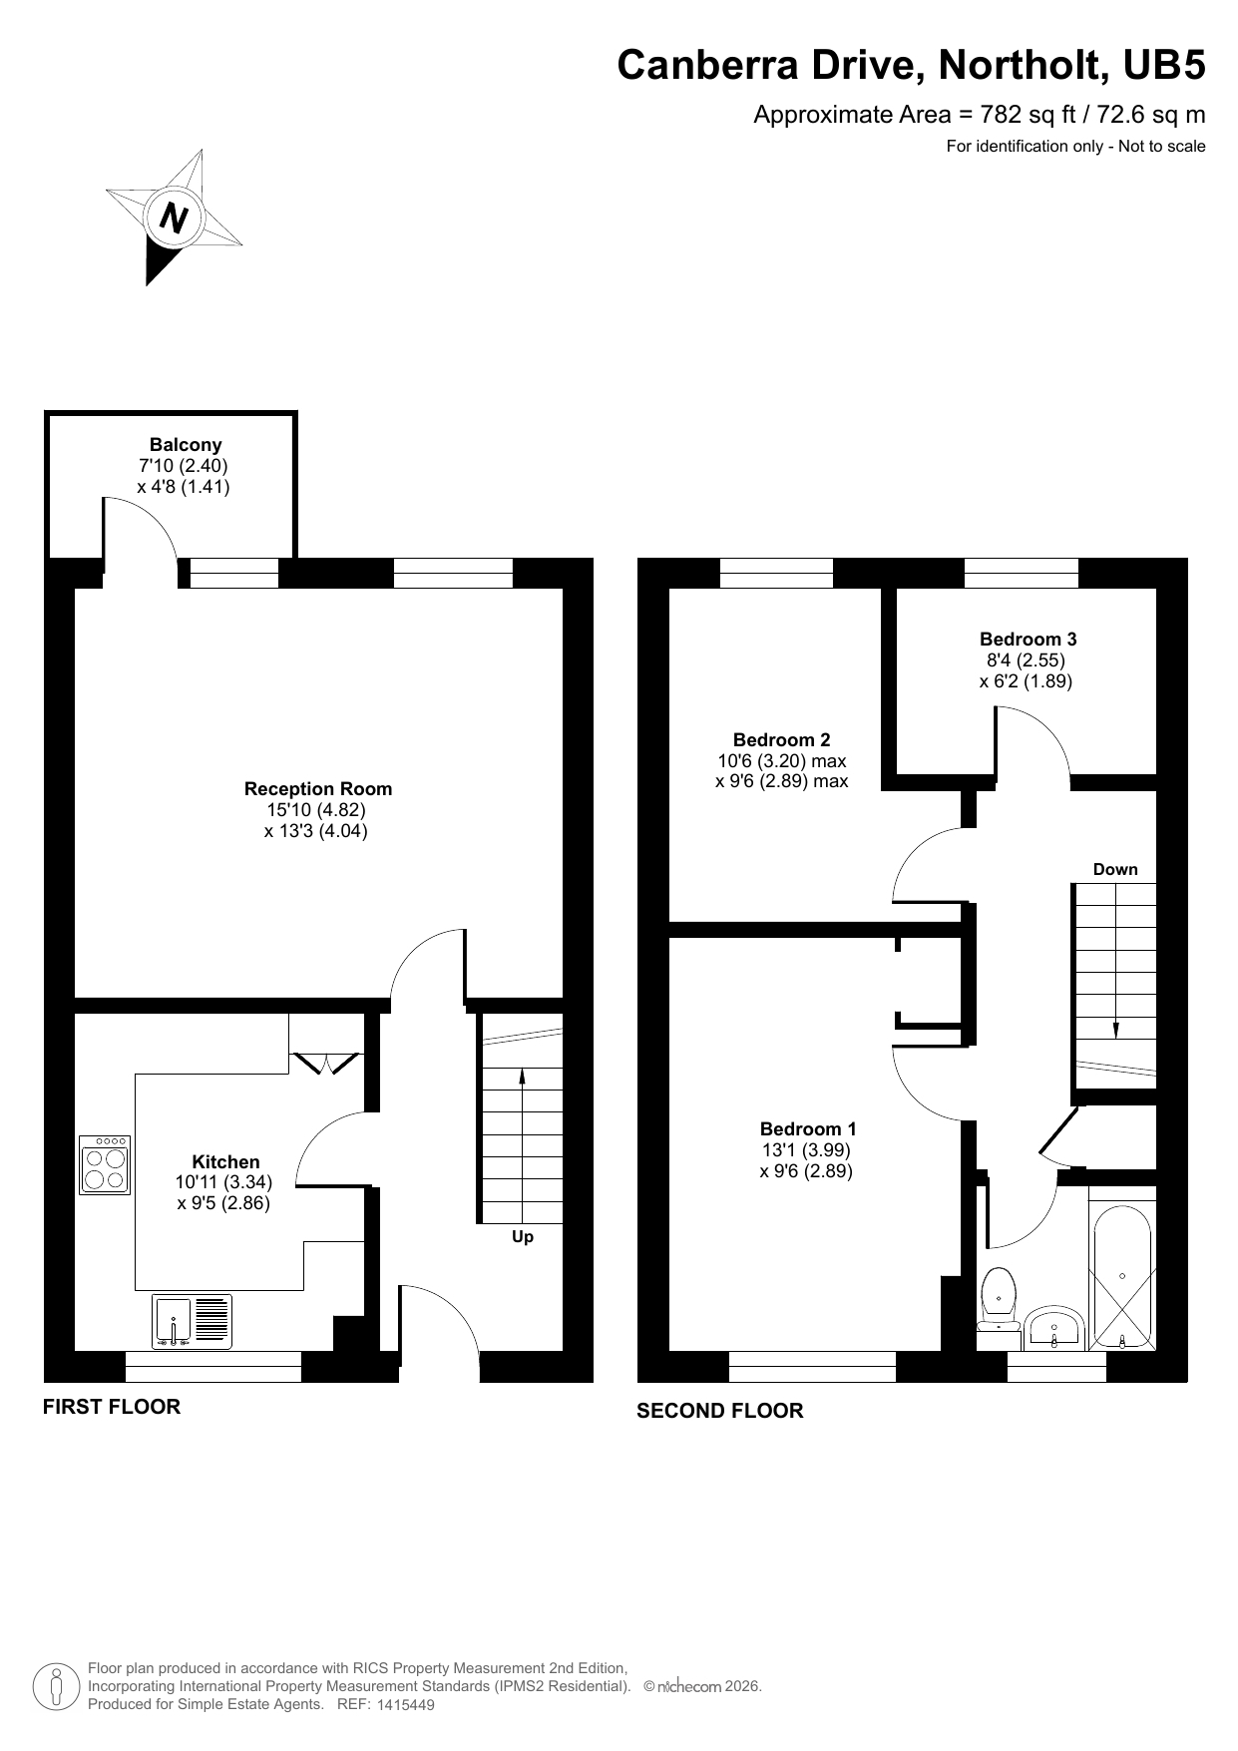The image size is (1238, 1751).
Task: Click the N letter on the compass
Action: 175,218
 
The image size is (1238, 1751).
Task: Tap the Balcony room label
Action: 186,445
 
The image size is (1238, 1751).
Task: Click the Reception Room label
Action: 318,789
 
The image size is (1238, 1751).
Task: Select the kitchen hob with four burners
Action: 105,1165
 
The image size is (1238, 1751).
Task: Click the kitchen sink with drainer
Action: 192,1322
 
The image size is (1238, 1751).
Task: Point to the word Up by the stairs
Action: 523,1237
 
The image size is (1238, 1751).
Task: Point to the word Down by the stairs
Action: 1115,870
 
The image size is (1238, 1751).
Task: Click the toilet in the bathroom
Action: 999,1298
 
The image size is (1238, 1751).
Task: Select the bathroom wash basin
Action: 1055,1328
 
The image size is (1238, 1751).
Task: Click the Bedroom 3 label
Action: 1028,640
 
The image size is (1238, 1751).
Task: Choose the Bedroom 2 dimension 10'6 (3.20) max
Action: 782,761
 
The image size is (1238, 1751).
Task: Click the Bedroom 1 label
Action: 808,1129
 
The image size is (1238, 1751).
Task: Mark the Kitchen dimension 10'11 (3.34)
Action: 223,1182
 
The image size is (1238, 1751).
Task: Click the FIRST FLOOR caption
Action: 112,1407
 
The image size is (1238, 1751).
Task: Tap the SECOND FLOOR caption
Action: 719,1411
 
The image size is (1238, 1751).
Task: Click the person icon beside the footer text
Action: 56,1687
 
